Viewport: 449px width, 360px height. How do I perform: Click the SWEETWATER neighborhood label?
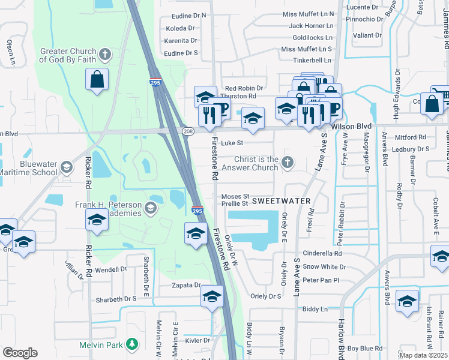281,200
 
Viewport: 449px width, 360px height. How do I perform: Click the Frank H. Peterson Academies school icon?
151,208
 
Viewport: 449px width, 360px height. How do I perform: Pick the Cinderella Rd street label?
322,253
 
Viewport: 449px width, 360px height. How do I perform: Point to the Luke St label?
232,143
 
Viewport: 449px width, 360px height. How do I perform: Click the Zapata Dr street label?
185,285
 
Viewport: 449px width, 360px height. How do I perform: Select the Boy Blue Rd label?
364,348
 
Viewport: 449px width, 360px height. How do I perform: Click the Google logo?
20,353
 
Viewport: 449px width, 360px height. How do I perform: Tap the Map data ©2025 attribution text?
424,355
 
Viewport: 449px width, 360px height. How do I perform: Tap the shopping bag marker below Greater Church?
97,80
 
